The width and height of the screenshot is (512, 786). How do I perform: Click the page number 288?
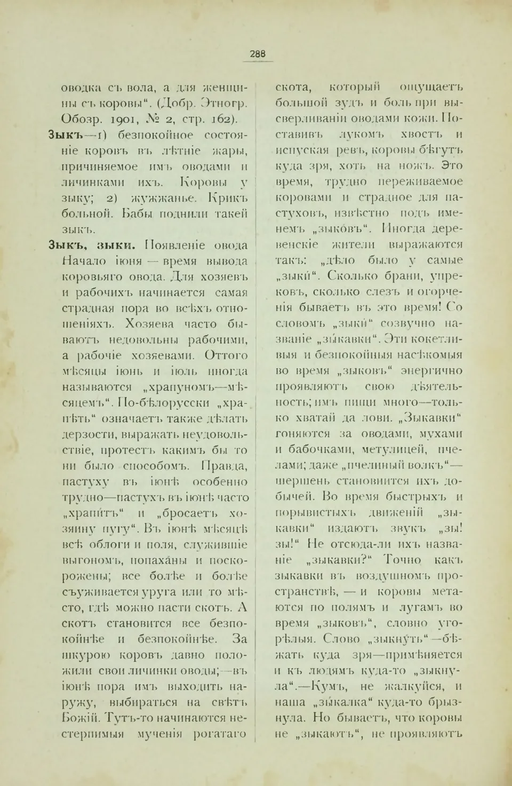pos(258,53)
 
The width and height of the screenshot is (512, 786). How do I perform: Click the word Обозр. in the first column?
pos(79,119)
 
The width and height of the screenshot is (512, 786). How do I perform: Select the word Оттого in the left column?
pos(227,355)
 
